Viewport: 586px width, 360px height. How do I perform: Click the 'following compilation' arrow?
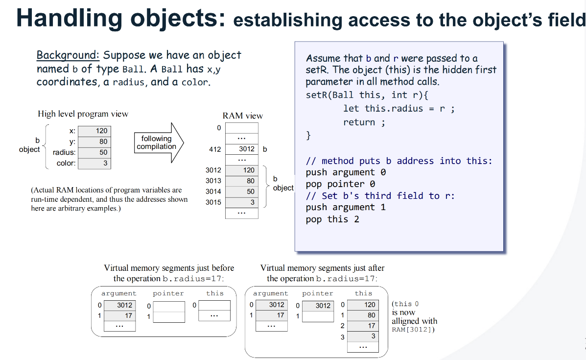pos(158,143)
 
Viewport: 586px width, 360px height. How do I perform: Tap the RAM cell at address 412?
pos(241,149)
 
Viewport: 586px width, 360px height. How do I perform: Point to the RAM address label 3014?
pos(213,192)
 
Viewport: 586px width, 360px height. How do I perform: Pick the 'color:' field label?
pos(66,163)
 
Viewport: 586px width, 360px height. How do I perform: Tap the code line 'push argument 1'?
pos(346,207)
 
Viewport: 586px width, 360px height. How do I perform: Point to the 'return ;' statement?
pos(364,122)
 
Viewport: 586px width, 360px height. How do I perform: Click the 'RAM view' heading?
pos(242,116)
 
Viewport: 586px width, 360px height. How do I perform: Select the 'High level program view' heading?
pos(83,114)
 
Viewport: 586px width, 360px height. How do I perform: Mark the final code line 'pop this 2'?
pos(332,219)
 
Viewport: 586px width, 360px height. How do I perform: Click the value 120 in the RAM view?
pos(241,170)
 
